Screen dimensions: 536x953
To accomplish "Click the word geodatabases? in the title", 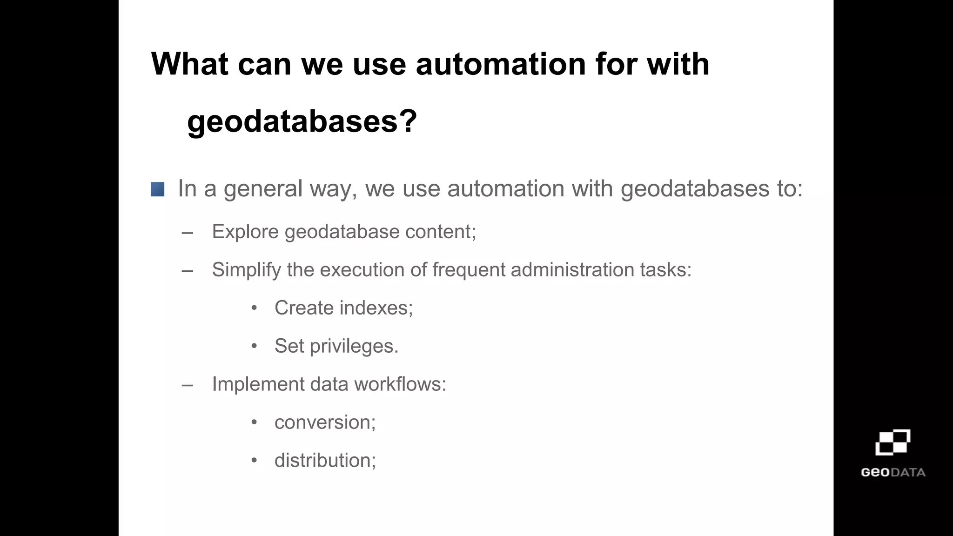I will click(302, 121).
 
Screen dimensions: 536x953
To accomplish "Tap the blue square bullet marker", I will click(157, 189).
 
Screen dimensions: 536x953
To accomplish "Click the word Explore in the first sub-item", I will click(245, 232).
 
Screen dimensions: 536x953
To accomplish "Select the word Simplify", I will click(246, 270).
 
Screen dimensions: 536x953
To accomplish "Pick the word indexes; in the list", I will click(376, 308).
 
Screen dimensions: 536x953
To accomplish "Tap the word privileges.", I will click(354, 347).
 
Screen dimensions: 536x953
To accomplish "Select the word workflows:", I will click(400, 384).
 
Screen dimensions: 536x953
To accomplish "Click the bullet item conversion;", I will click(325, 422).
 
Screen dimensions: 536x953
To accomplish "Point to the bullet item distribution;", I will click(325, 461).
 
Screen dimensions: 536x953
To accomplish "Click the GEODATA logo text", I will click(893, 473).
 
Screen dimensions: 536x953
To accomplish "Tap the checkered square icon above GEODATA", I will click(893, 442).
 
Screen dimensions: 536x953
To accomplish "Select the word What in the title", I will click(190, 64).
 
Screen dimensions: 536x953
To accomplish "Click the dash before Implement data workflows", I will click(188, 385).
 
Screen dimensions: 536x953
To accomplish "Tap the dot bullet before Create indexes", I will click(254, 308).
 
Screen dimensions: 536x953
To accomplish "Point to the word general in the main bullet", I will click(263, 189).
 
